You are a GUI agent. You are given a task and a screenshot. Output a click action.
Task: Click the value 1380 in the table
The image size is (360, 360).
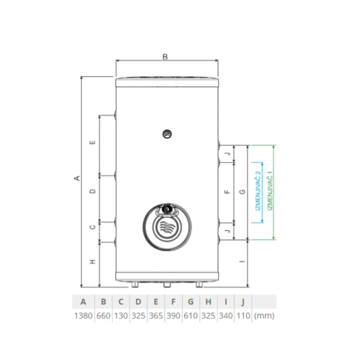(83, 315)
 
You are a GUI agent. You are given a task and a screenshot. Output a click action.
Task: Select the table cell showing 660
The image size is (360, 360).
(103, 315)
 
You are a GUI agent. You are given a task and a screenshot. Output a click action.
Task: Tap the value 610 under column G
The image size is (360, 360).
(191, 315)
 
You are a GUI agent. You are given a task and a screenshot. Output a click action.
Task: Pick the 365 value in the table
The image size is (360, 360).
(156, 315)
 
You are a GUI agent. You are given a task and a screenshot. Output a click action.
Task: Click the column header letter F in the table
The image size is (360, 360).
(173, 302)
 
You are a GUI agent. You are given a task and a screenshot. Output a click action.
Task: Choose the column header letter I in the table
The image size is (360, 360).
(226, 302)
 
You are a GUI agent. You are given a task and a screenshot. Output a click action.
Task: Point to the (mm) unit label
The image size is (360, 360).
(264, 315)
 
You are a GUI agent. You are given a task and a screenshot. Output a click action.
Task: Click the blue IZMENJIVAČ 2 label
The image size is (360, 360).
(259, 191)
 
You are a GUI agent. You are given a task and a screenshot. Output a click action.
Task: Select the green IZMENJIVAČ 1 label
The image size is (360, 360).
(270, 191)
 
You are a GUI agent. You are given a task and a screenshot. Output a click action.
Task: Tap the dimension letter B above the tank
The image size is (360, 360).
(165, 56)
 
